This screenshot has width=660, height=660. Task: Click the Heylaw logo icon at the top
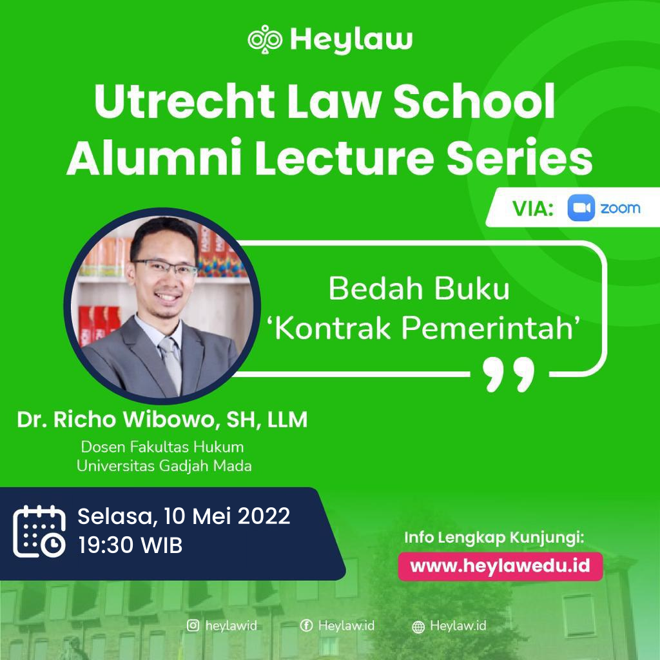point(266,39)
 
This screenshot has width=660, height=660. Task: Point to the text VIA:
point(533,209)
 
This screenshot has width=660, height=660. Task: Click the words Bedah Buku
point(419,289)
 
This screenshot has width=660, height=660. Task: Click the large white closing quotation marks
point(509,374)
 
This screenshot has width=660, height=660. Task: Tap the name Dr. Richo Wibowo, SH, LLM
point(162,420)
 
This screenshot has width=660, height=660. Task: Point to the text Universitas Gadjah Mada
point(164,465)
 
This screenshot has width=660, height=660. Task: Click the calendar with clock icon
point(39,531)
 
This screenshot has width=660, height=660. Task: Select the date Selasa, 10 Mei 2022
point(184,516)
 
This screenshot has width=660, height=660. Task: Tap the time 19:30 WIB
point(130,546)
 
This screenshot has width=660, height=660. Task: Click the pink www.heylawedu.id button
point(500,566)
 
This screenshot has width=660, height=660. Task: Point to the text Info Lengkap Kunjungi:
point(494,538)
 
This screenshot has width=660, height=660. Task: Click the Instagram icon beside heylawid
point(193,625)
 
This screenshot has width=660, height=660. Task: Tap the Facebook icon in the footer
point(307,625)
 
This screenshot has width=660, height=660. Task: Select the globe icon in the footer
point(418,626)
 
